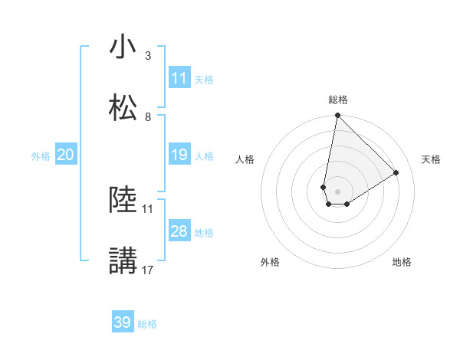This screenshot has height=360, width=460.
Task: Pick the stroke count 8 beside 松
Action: [148, 116]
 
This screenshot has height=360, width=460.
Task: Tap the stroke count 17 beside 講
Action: [148, 270]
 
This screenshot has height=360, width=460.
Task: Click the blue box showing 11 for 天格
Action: [179, 78]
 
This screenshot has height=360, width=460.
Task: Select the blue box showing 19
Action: [179, 155]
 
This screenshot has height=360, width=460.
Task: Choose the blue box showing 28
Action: [179, 231]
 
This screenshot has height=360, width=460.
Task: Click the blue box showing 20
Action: [65, 155]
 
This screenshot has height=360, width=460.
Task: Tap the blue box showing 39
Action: [123, 322]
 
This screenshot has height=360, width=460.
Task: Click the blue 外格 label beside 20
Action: [41, 155]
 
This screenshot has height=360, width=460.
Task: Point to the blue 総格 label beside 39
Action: [147, 323]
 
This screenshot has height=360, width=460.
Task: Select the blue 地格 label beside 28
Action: [204, 232]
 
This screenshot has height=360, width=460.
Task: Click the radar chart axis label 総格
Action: [338, 100]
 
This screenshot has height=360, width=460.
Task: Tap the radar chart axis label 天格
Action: [432, 159]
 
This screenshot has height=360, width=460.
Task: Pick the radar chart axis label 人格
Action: [245, 159]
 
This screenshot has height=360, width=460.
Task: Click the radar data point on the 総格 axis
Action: [337, 116]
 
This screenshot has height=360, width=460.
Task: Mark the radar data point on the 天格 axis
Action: [396, 172]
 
